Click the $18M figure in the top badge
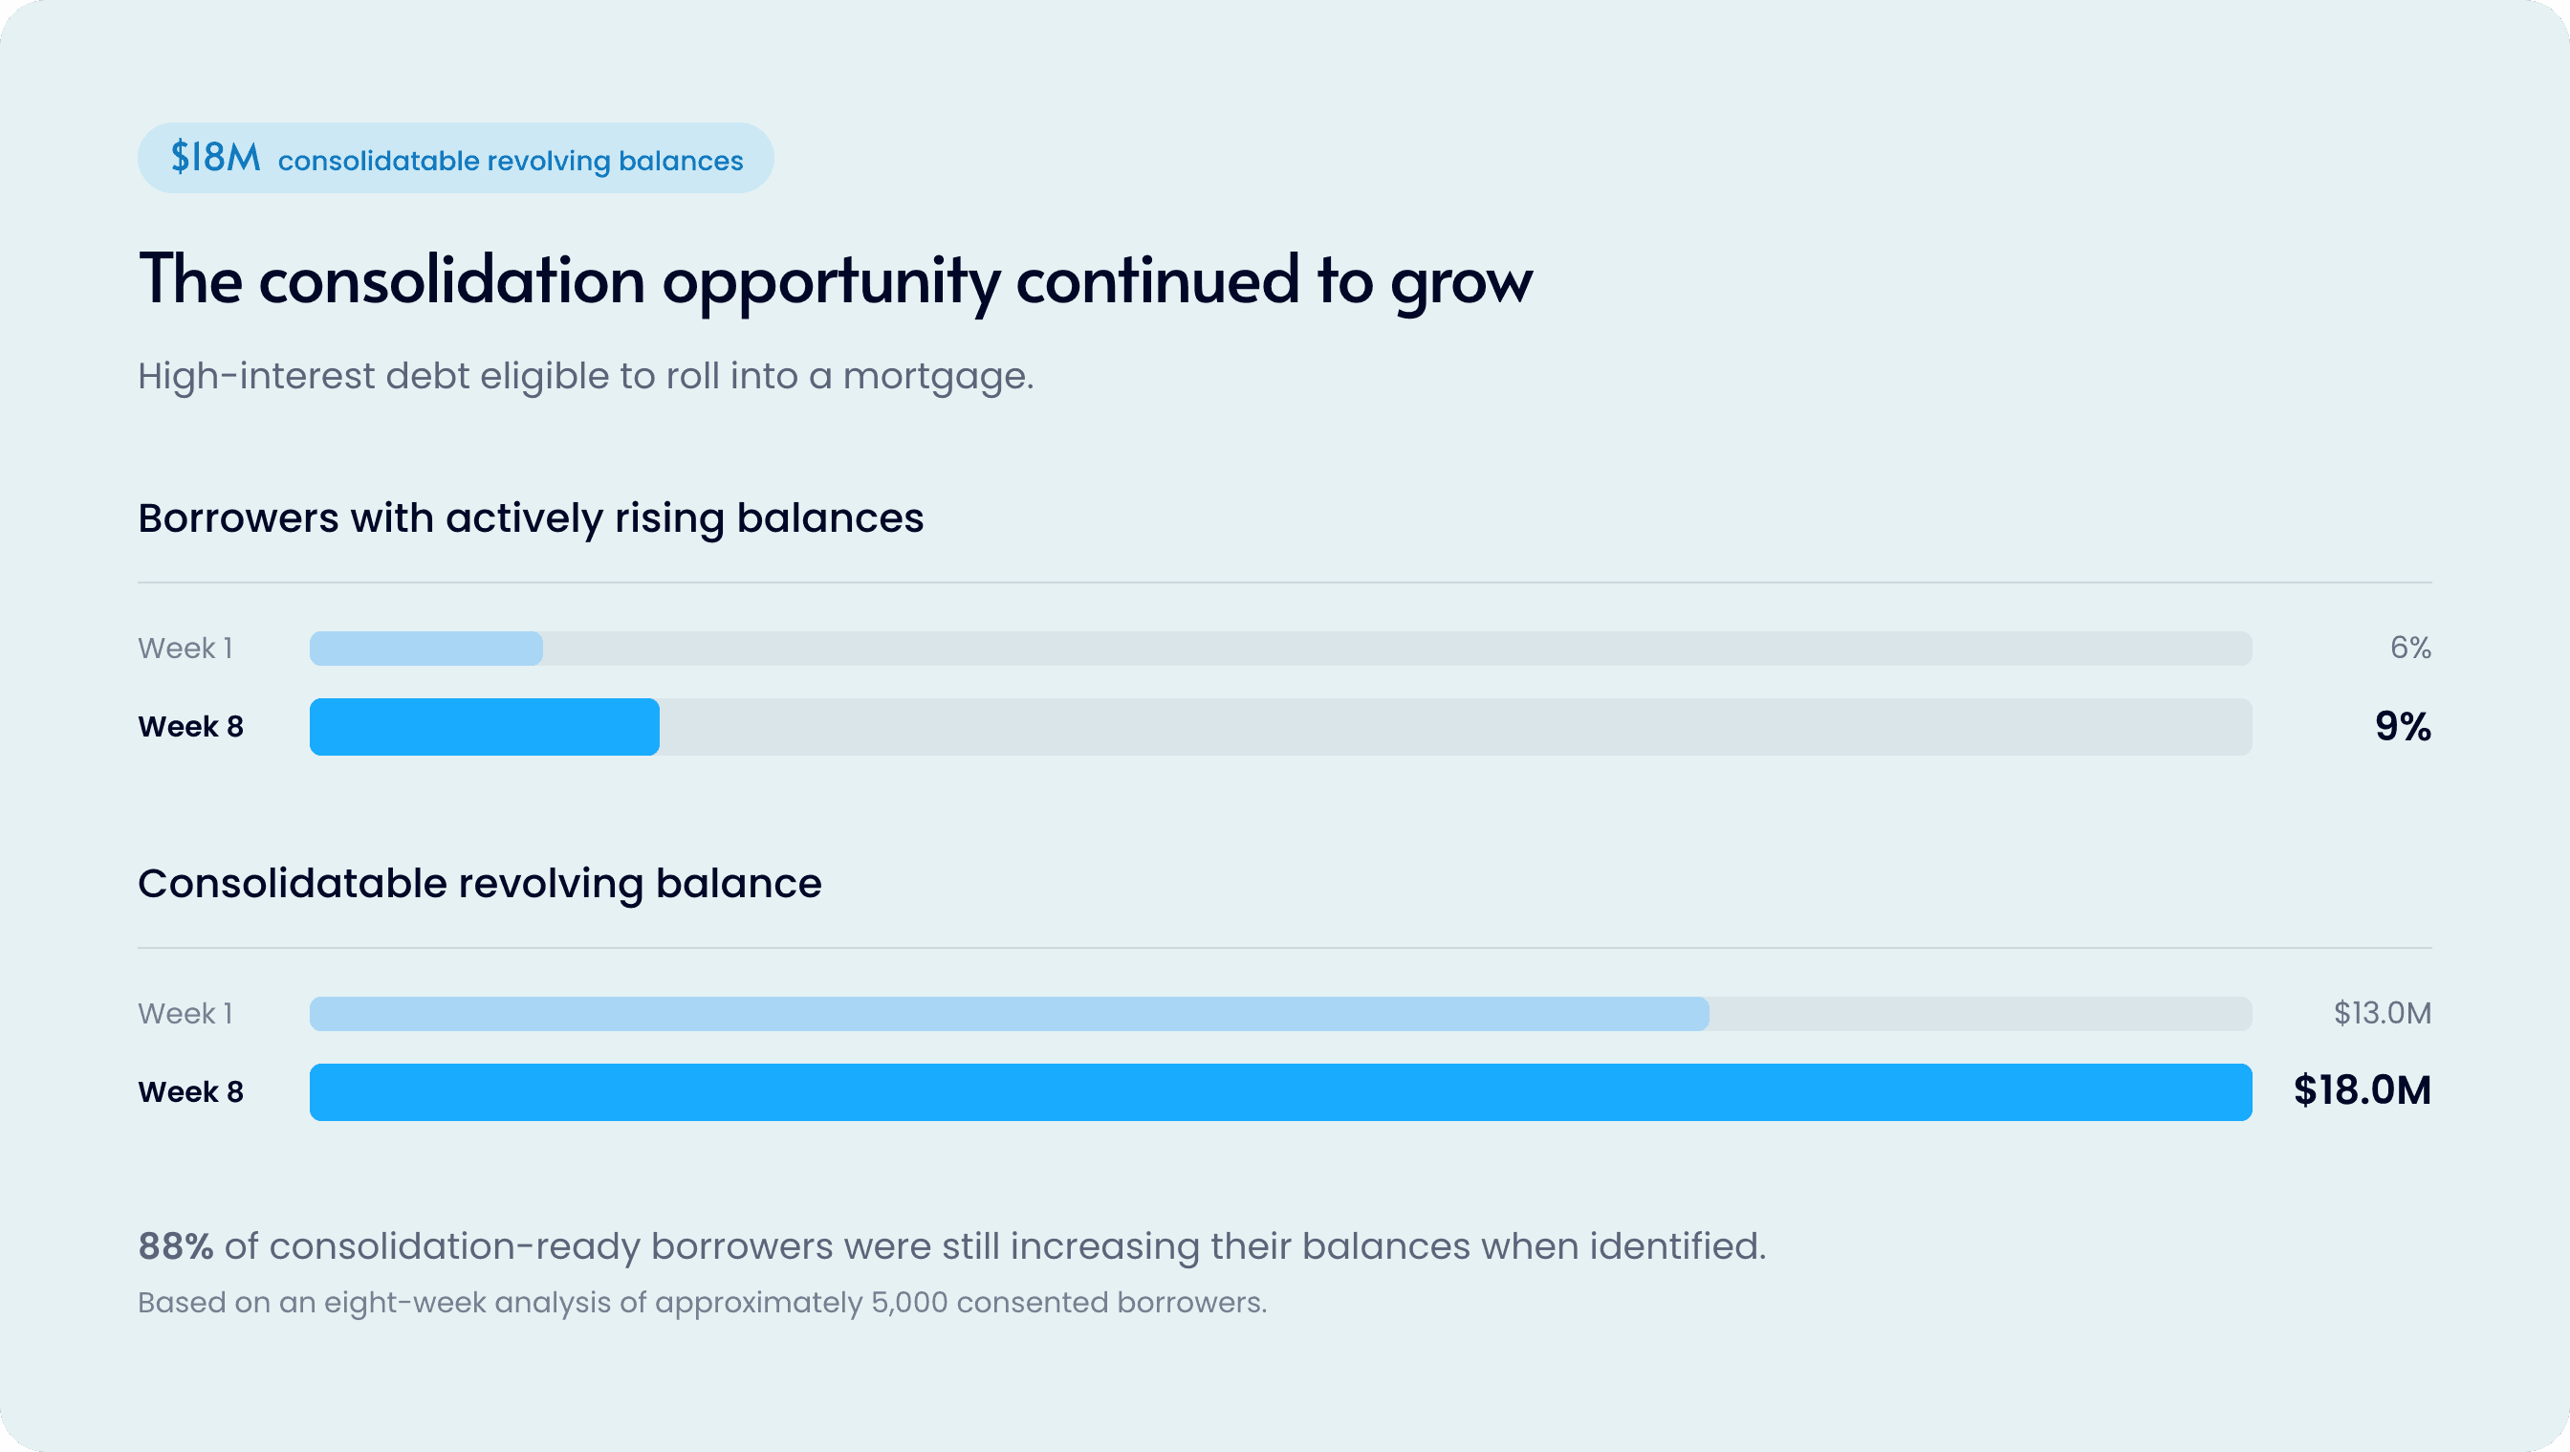215,158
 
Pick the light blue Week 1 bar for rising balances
426,649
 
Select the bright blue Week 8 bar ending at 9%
484,727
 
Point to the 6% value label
2410,648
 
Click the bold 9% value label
2403,727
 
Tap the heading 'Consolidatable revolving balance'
480,884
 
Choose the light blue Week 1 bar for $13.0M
1009,1014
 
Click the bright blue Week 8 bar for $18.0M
1281,1091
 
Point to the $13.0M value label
2383,1013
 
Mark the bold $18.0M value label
2363,1090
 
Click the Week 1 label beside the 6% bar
185,649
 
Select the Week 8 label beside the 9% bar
190,727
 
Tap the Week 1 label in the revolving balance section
185,1014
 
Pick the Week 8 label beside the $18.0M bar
190,1091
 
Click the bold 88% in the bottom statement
176,1246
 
